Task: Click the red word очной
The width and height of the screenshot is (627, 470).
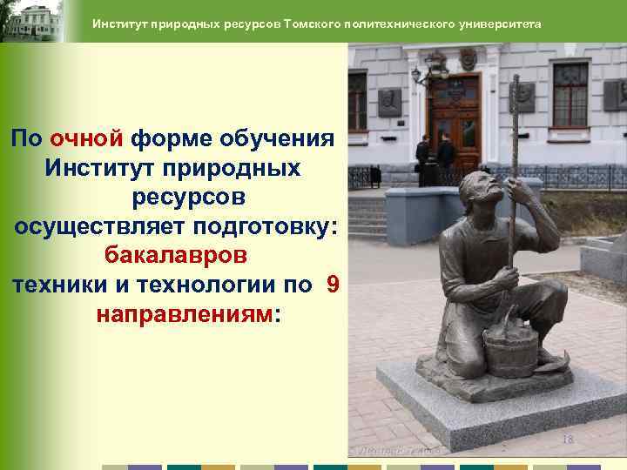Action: point(88,138)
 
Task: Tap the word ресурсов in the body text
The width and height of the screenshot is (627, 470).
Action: point(189,197)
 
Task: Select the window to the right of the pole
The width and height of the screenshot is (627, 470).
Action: point(570,96)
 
